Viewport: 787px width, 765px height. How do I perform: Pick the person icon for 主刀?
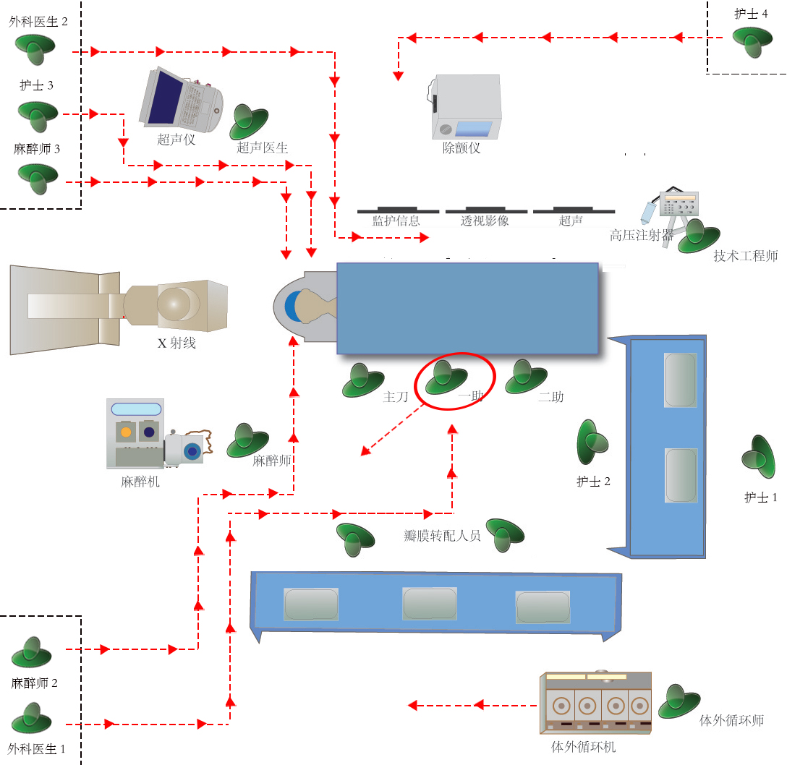click(362, 380)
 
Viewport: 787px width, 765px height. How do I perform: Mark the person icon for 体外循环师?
click(678, 701)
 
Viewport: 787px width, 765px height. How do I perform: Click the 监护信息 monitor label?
click(396, 221)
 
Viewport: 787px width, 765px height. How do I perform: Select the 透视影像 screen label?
click(485, 221)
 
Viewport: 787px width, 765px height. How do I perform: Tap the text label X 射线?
click(176, 343)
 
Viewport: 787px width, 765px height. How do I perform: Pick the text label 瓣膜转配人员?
click(442, 536)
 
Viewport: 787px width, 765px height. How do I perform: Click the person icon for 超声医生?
click(248, 122)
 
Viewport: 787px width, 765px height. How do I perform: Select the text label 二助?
click(550, 397)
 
